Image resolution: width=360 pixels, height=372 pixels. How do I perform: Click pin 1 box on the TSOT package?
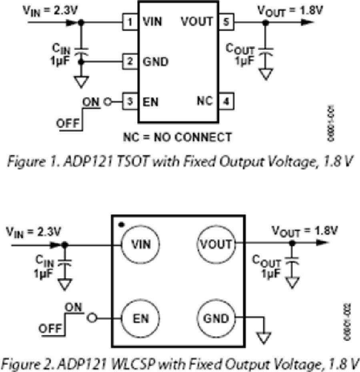(129, 22)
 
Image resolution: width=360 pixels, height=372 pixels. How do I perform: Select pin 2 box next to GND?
(129, 62)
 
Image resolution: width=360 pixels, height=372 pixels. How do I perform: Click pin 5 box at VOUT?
(226, 22)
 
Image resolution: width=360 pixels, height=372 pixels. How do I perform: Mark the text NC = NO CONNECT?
(178, 137)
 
